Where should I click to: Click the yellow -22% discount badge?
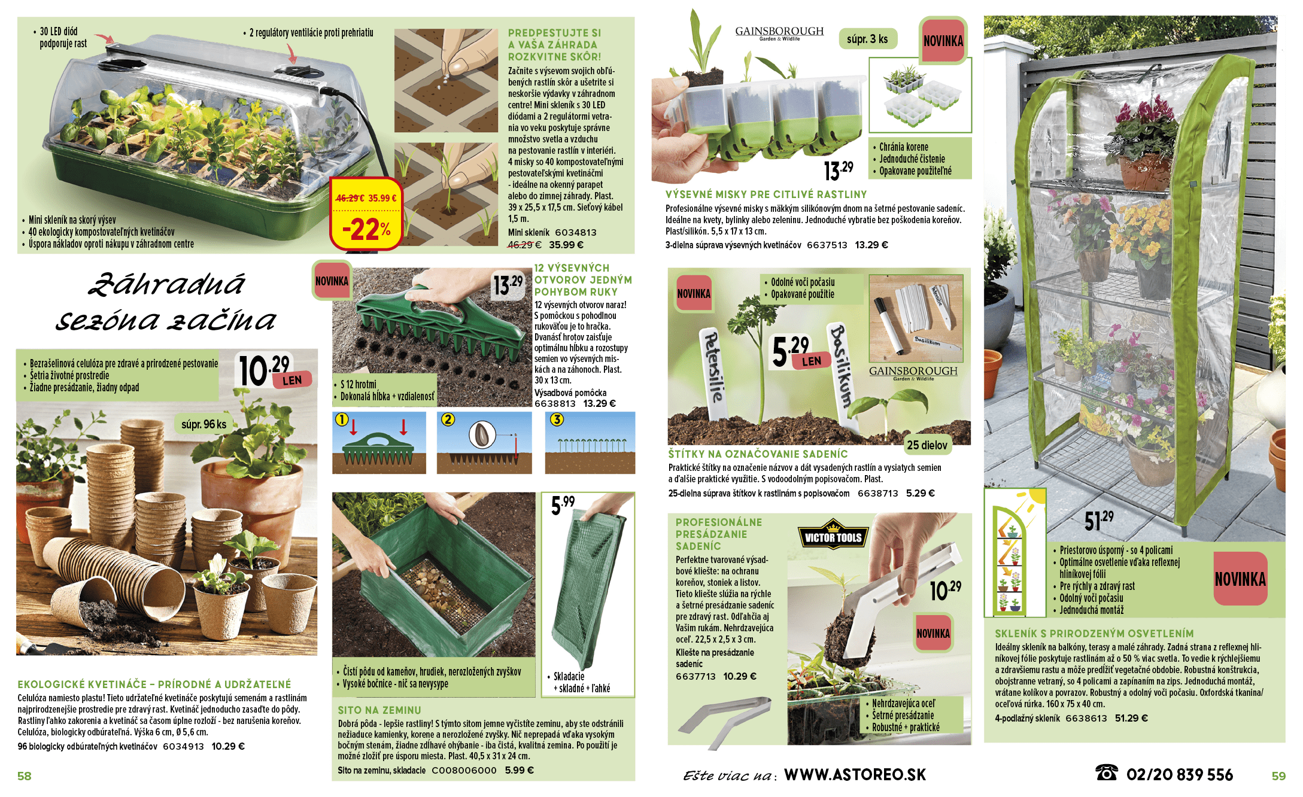click(366, 214)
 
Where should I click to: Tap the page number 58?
click(25, 776)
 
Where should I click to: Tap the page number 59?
click(1278, 776)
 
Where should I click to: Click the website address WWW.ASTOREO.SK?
click(855, 775)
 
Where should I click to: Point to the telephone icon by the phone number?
click(1106, 772)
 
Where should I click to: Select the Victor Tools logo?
click(833, 536)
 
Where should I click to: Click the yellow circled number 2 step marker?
click(448, 419)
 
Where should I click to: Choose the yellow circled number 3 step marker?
click(557, 419)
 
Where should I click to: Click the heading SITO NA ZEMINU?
click(379, 710)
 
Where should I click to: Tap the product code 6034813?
click(575, 233)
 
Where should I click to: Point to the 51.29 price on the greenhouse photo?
click(1099, 520)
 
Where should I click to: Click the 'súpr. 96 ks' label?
click(204, 424)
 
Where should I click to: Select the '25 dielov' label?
click(927, 445)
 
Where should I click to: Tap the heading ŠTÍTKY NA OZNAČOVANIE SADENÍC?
click(758, 454)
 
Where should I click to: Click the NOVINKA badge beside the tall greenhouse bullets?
click(1240, 579)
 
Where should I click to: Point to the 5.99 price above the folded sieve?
click(563, 505)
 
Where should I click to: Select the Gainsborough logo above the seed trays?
click(779, 33)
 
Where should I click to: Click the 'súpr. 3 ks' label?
click(867, 39)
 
